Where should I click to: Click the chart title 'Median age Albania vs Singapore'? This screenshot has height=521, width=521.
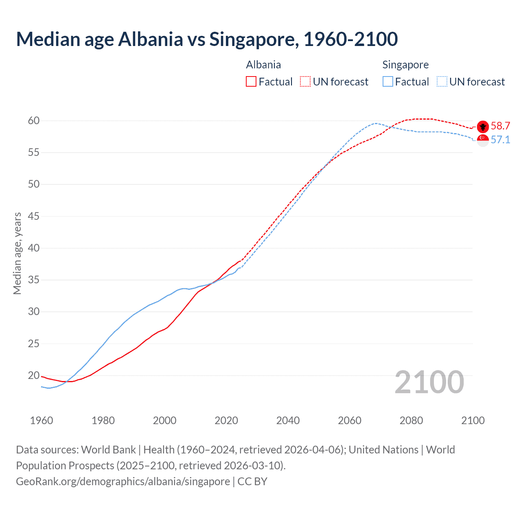click(207, 39)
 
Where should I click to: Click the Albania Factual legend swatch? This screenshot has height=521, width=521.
click(251, 82)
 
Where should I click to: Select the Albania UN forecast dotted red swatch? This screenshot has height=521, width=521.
click(305, 82)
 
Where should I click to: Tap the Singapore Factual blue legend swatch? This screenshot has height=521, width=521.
click(388, 82)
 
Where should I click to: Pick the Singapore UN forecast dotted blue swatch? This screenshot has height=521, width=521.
click(442, 82)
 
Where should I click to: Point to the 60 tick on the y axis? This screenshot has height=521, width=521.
click(34, 120)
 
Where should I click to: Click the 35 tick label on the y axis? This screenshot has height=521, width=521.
click(34, 280)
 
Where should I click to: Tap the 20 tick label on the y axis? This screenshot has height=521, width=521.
click(34, 375)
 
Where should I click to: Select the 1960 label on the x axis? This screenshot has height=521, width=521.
click(42, 420)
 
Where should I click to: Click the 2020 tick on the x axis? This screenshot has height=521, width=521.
click(226, 420)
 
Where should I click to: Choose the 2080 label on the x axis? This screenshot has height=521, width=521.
click(411, 420)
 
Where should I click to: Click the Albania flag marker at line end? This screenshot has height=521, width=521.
click(483, 127)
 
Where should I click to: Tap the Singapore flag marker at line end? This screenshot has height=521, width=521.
click(483, 140)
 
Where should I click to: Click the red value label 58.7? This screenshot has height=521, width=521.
click(500, 126)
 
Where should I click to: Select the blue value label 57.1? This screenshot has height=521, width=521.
click(500, 140)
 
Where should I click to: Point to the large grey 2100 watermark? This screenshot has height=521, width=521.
click(429, 382)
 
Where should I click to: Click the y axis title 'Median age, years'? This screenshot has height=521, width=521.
click(17, 253)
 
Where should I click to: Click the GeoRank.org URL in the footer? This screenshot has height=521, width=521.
click(123, 482)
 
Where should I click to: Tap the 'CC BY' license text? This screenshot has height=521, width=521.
click(252, 482)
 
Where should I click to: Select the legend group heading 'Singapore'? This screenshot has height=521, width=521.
click(405, 65)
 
